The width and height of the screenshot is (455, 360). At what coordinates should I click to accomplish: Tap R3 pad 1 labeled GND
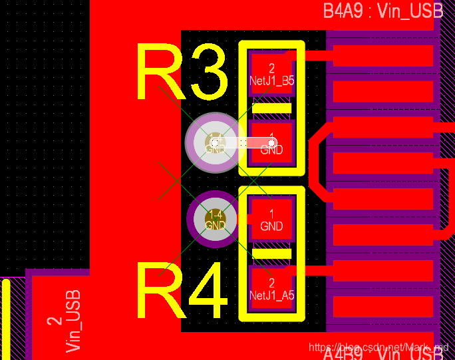tap(271, 143)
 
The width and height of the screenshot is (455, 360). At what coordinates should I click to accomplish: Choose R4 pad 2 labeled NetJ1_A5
tap(271, 288)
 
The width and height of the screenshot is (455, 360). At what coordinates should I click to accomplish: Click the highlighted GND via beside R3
tap(214, 142)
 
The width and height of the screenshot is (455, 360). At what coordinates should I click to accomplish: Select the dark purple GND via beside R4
tap(215, 220)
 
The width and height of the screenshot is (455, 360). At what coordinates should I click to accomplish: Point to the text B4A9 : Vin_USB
tap(382, 11)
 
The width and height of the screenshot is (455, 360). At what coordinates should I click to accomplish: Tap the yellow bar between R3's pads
tap(271, 108)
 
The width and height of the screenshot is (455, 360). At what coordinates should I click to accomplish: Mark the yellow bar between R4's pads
tap(271, 254)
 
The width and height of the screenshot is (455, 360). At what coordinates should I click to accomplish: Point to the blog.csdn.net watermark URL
tap(379, 347)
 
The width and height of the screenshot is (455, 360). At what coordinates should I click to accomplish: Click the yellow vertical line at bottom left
tap(6, 319)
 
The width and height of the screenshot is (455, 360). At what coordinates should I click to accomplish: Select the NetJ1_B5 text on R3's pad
tap(271, 81)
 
